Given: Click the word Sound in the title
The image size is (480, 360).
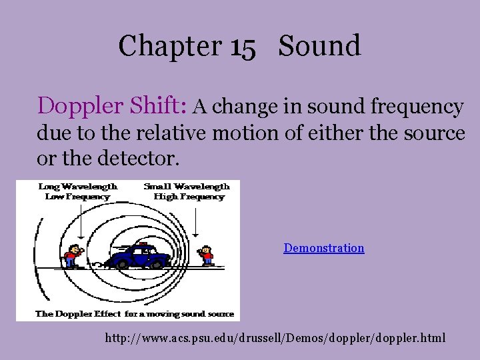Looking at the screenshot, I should [320, 46].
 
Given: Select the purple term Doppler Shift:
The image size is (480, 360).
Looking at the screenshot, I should [113, 105].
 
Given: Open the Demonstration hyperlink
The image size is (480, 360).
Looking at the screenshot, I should [324, 248].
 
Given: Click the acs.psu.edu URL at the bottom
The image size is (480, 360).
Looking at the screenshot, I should [275, 339].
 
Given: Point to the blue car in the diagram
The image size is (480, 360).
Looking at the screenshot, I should [140, 256].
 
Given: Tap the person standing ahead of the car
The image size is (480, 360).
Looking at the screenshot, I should [207, 255].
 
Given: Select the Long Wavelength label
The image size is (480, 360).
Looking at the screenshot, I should [77, 187].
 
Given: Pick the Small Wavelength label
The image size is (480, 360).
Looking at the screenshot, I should [186, 187].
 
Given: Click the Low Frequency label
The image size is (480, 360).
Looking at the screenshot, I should [77, 197].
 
